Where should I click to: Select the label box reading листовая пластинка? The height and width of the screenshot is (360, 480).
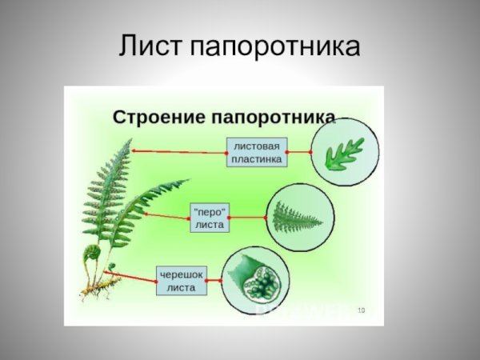(x=257, y=151)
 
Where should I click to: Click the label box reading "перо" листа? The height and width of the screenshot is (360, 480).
(x=210, y=217)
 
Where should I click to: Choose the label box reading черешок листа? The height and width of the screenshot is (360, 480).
(x=182, y=281)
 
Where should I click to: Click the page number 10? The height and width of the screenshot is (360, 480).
(x=361, y=310)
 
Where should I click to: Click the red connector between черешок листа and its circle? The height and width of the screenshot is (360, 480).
(x=214, y=281)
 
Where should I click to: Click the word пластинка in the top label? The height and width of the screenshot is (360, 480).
(x=257, y=158)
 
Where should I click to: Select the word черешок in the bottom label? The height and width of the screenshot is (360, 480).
(x=182, y=274)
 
